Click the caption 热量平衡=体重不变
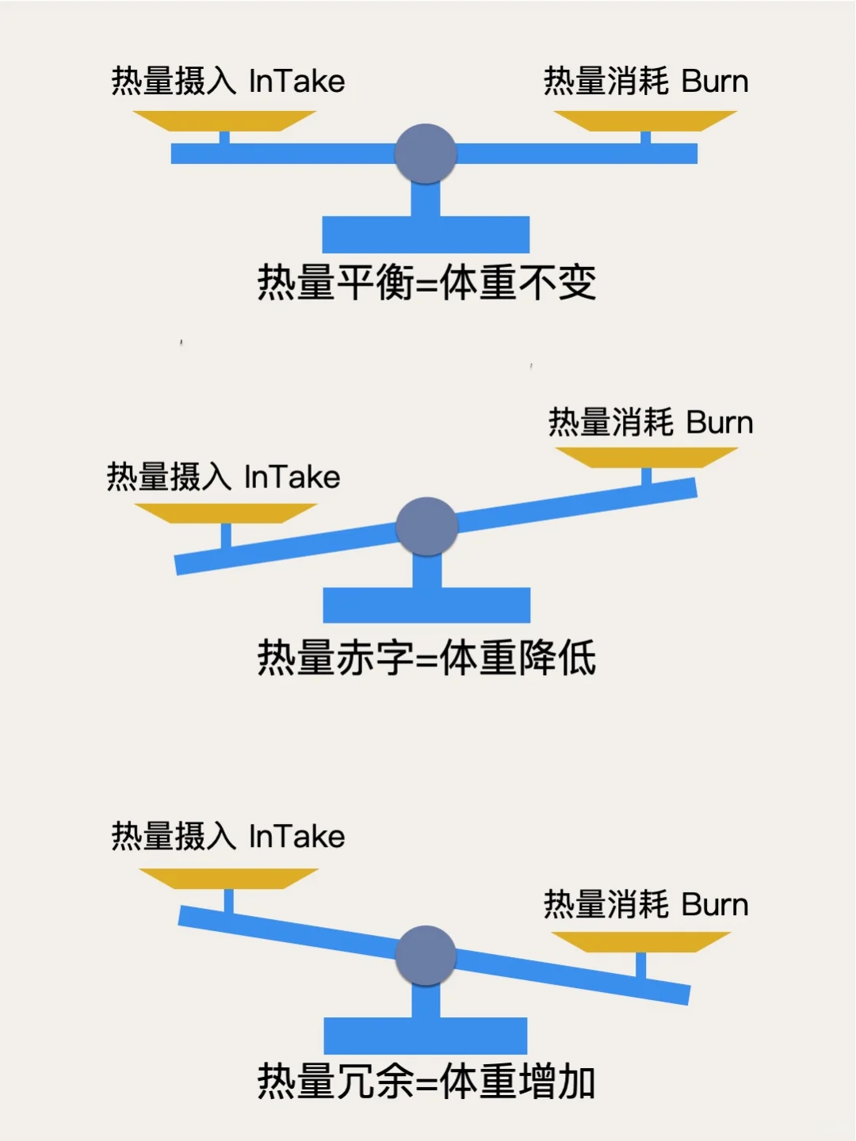click(x=426, y=283)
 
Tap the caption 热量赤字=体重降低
click(x=426, y=658)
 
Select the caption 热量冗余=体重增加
click(x=426, y=1082)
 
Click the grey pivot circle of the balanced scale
click(x=426, y=154)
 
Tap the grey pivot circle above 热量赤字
click(x=426, y=527)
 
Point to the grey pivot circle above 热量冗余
click(x=426, y=956)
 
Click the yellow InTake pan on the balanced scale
click(x=224, y=120)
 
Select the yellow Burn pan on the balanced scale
click(x=645, y=120)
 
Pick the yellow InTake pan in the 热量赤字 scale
click(x=226, y=513)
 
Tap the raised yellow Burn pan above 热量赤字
click(x=647, y=457)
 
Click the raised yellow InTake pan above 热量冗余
click(x=228, y=878)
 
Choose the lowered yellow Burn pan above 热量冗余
click(x=640, y=941)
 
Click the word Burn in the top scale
click(x=714, y=82)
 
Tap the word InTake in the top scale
click(x=296, y=82)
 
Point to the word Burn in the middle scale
click(x=719, y=422)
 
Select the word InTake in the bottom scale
click(x=296, y=837)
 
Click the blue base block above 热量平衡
click(x=426, y=235)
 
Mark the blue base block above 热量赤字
click(x=426, y=605)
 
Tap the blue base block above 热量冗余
click(x=426, y=1036)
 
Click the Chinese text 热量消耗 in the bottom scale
click(x=606, y=905)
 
